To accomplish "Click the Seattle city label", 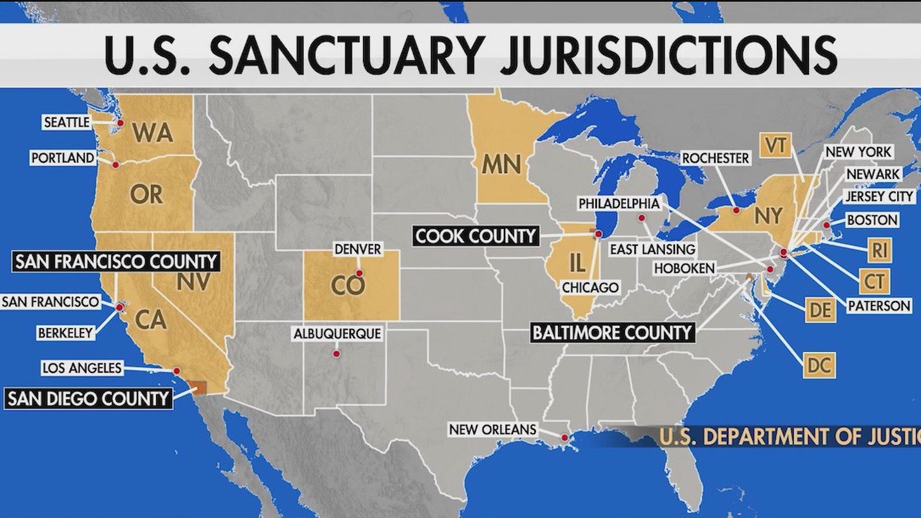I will (66, 123).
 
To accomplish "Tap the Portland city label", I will (63, 158).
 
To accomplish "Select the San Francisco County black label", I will (115, 261).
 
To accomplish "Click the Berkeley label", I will (65, 333).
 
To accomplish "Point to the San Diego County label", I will (88, 398).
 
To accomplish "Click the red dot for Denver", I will (359, 273).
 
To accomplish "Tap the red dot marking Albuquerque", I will (337, 354).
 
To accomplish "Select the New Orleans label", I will (493, 430).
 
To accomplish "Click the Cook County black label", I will (476, 236).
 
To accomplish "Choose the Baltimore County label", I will (611, 331).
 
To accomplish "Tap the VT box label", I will (775, 145).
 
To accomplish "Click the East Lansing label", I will (653, 249).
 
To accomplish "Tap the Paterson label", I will (879, 305).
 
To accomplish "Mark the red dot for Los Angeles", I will (176, 370).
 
